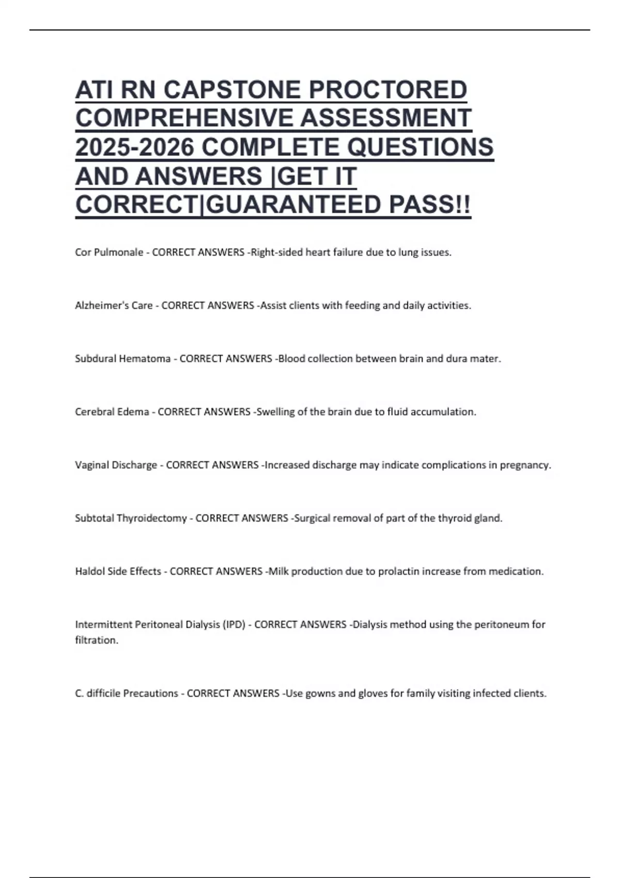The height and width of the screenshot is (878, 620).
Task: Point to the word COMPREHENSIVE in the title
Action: [184, 118]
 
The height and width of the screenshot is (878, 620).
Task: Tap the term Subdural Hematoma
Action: [122, 359]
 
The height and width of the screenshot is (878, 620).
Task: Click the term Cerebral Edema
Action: [112, 412]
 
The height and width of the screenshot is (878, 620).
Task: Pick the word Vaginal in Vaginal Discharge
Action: [91, 465]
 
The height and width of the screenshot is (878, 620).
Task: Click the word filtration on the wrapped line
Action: [96, 640]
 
